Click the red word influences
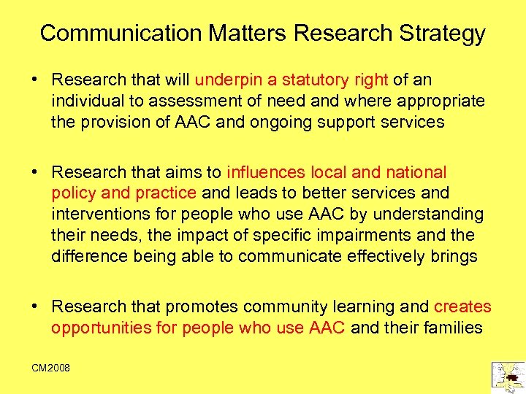267,172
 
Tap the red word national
416,172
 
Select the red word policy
72,193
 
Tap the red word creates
462,307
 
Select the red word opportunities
99,328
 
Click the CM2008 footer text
50,368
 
